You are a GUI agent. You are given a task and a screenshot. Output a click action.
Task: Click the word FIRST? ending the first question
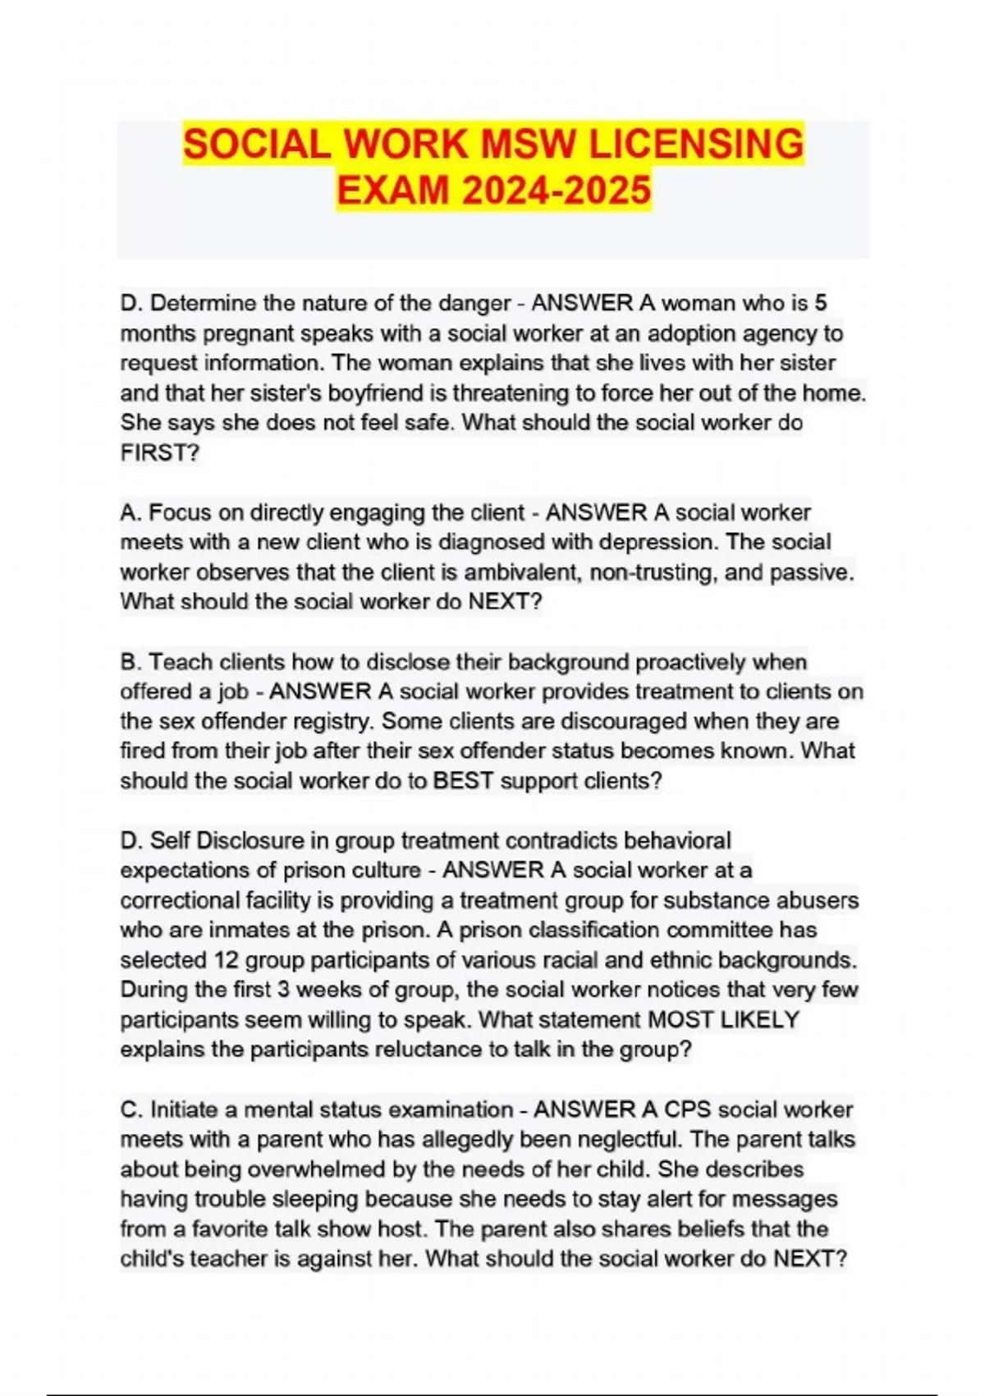pyautogui.click(x=160, y=452)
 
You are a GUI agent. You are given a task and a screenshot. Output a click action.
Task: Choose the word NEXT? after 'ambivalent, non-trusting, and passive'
pyautogui.click(x=505, y=602)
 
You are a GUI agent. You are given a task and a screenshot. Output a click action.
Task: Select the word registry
pyautogui.click(x=335, y=721)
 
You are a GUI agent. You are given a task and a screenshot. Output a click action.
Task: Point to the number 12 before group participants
pyautogui.click(x=226, y=960)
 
